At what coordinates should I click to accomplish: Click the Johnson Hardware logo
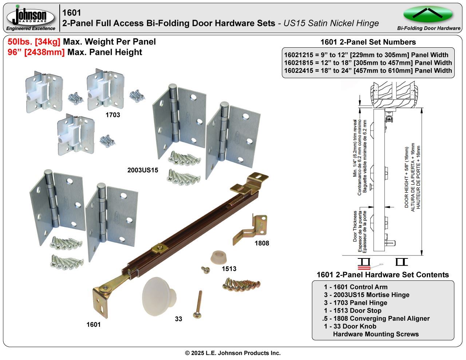click(31, 17)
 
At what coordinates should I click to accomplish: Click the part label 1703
click(112, 115)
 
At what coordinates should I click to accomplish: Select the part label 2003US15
click(143, 170)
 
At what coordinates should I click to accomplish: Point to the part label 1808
click(262, 243)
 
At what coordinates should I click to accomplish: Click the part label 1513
click(229, 269)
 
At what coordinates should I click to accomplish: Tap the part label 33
click(178, 319)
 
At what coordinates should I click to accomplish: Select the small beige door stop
click(218, 256)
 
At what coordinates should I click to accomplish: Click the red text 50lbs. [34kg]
click(34, 42)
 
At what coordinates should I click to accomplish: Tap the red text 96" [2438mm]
click(36, 52)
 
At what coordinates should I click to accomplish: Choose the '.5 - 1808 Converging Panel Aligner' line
click(376, 319)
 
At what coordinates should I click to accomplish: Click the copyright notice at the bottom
click(233, 353)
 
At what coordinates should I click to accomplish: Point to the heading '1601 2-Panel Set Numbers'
click(368, 42)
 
